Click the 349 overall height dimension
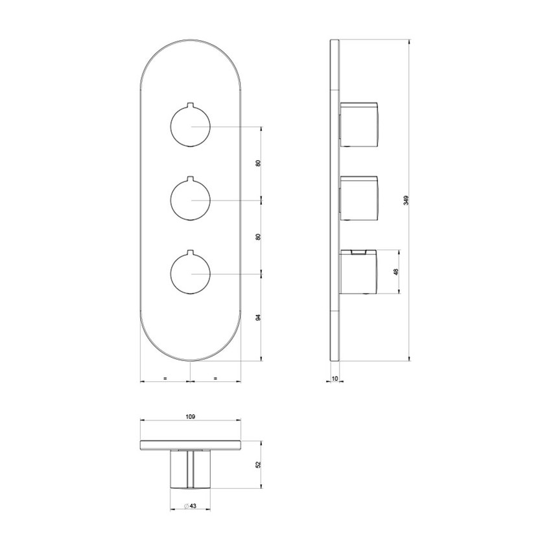[x=406, y=200]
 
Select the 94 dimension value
[x=258, y=318]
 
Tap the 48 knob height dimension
[x=395, y=273]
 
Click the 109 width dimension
[x=191, y=417]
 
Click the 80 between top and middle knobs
[x=258, y=163]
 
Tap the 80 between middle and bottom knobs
[x=258, y=237]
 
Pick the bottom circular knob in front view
[x=191, y=274]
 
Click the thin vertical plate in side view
[x=334, y=201]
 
